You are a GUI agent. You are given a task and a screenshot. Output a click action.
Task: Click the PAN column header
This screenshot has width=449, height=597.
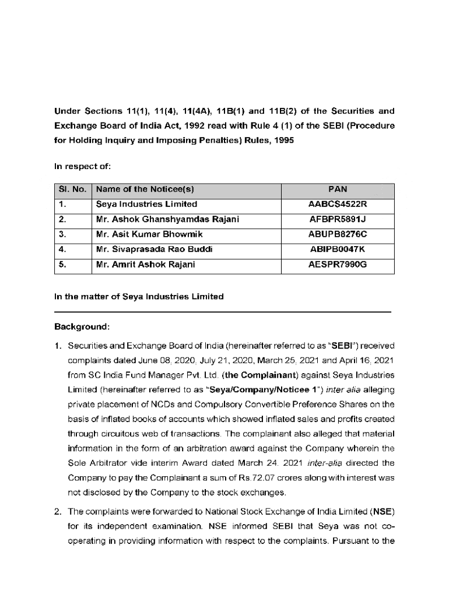coord(338,189)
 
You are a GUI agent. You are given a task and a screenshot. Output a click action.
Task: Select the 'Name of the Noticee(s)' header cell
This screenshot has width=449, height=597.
coord(145,189)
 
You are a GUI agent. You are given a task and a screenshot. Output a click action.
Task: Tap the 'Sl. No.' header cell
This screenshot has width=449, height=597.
coord(73,189)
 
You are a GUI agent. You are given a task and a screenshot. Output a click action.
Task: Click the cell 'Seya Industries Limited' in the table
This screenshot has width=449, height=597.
coord(146,205)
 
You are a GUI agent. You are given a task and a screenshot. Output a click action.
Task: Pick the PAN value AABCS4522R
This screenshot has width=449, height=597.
coord(338,205)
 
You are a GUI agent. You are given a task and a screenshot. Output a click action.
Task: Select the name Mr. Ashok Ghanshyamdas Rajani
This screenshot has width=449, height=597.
coord(168,220)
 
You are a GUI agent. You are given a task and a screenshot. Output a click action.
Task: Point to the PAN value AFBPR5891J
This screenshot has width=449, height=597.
coord(338,220)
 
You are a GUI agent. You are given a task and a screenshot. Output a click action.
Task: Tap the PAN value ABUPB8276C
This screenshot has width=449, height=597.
coord(338,235)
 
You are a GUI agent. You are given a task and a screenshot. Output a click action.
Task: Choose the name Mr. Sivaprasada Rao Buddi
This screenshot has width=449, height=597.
coord(155,250)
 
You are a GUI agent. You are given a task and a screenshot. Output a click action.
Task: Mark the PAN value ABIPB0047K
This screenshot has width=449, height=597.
coord(338,250)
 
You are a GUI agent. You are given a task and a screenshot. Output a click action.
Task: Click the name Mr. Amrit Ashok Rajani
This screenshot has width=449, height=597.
coord(146,265)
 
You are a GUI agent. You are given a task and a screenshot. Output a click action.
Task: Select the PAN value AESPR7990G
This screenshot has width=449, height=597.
coord(338,265)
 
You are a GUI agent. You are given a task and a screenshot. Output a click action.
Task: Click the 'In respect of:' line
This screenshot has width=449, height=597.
coord(82,166)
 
